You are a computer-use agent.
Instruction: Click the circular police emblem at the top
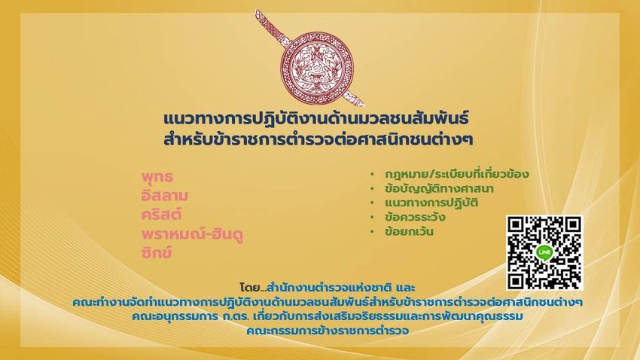(x=317, y=68)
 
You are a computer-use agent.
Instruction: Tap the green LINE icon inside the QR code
(x=544, y=252)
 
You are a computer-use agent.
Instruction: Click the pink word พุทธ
(x=157, y=177)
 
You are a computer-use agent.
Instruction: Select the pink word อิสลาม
(x=165, y=196)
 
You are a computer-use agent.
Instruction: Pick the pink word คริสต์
(x=162, y=215)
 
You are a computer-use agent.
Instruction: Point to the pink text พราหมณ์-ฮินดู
(x=192, y=234)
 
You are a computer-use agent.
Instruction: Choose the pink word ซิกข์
(x=157, y=252)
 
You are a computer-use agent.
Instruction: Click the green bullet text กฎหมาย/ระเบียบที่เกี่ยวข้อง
(x=457, y=174)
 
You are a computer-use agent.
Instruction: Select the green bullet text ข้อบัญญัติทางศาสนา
(x=439, y=189)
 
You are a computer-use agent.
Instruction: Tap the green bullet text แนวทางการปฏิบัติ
(x=431, y=203)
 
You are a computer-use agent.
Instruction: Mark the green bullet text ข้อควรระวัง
(x=415, y=217)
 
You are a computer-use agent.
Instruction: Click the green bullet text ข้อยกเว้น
(x=410, y=232)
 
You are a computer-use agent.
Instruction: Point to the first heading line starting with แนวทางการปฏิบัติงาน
(x=316, y=119)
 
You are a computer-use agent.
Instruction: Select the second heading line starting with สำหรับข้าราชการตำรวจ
(x=318, y=139)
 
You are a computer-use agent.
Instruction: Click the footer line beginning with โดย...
(x=328, y=288)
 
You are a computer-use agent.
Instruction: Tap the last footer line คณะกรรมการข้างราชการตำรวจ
(x=328, y=331)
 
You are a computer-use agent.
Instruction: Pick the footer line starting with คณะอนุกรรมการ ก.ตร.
(x=328, y=316)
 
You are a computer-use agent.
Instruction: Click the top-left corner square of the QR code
(x=516, y=225)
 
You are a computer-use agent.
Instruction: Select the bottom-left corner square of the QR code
(x=516, y=280)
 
